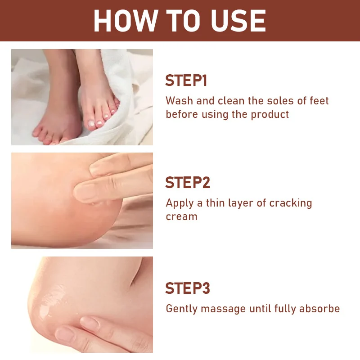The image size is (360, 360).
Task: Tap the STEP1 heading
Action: pos(186,81)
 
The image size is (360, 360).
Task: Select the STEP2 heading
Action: pos(188,183)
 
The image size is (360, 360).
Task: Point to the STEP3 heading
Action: pos(188,288)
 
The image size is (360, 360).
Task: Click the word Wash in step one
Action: pos(179,100)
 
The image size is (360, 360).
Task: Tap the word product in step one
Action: pos(270,115)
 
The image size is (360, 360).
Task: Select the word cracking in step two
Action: pos(291,203)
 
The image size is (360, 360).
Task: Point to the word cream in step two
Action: pos(182,216)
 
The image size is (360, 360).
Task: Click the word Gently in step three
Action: pos(182,309)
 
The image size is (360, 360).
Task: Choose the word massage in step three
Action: pos(223,309)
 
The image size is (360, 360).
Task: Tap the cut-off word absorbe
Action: pos(319,308)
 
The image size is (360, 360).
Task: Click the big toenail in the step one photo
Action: pos(91,123)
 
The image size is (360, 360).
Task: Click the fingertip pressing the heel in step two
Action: pos(84,193)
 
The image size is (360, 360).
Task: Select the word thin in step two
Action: pos(215,203)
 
